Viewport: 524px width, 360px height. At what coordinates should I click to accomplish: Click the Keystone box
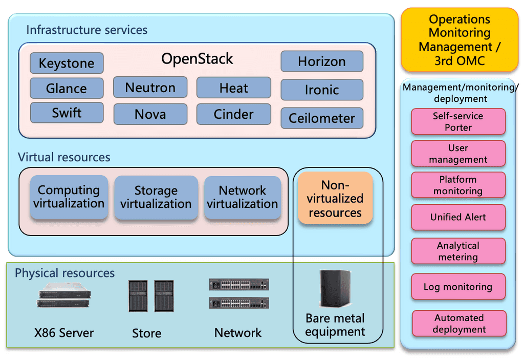click(x=67, y=63)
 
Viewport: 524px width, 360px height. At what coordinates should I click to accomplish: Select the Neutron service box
click(x=150, y=88)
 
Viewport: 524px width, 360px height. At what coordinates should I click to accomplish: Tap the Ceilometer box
click(x=322, y=118)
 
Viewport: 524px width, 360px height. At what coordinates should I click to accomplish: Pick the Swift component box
click(x=67, y=113)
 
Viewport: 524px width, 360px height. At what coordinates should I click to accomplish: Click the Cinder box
click(x=233, y=114)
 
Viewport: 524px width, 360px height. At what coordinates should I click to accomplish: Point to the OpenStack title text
click(x=197, y=59)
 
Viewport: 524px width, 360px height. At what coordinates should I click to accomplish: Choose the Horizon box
click(x=322, y=61)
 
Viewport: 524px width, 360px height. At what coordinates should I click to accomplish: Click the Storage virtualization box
click(x=156, y=197)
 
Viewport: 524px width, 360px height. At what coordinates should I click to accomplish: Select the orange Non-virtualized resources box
click(x=335, y=198)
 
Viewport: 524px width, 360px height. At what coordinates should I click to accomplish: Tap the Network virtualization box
click(x=243, y=197)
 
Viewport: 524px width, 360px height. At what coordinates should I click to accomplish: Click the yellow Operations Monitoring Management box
click(x=460, y=40)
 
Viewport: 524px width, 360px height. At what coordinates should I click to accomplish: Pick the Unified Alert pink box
click(x=458, y=217)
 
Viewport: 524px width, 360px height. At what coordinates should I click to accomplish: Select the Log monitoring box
click(x=458, y=287)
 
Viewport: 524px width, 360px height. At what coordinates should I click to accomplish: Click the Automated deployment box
click(x=459, y=324)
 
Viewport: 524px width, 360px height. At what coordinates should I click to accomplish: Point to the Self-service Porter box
click(x=458, y=121)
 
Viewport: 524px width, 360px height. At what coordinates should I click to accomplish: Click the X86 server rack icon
click(x=64, y=297)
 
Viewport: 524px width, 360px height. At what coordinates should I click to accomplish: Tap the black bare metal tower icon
click(x=335, y=288)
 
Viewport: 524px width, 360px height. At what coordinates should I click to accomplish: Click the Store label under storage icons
click(x=146, y=333)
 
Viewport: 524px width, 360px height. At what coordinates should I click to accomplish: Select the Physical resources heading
click(x=64, y=273)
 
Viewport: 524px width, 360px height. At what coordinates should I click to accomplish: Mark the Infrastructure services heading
click(x=86, y=30)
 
